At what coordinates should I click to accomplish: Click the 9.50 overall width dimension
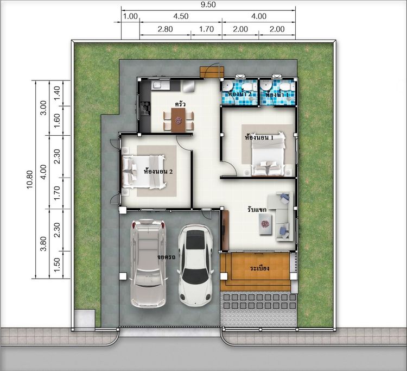(x=208, y=4)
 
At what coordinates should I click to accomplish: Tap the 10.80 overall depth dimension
(x=30, y=179)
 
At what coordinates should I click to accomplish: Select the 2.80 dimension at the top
(x=165, y=29)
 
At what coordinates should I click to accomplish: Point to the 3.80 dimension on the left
(x=43, y=243)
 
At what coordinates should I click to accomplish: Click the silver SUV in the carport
(x=148, y=263)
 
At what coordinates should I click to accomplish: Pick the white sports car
(x=195, y=265)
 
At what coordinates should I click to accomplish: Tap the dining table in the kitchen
(x=179, y=120)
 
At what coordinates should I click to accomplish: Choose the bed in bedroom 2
(x=144, y=172)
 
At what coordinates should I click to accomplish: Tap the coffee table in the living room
(x=265, y=224)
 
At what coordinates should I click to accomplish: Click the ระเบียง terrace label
(x=259, y=268)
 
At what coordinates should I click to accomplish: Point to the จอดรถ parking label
(x=167, y=257)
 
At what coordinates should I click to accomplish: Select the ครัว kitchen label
(x=180, y=104)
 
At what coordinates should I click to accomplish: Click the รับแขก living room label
(x=257, y=210)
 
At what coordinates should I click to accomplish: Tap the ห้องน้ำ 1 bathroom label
(x=277, y=95)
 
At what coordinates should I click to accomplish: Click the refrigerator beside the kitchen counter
(x=189, y=86)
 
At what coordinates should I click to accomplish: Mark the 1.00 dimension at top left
(x=130, y=16)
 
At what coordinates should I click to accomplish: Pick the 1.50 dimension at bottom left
(x=56, y=265)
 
